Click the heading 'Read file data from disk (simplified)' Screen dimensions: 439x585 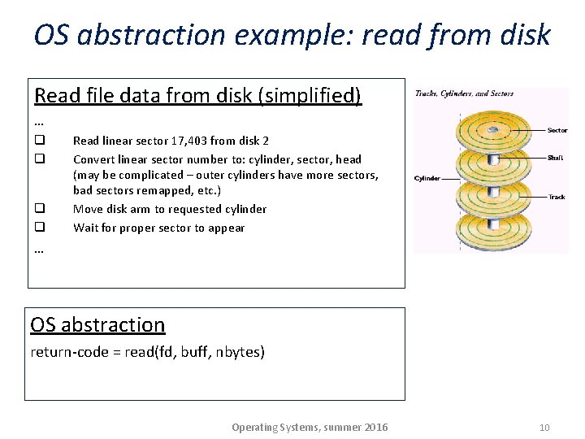pyautogui.click(x=197, y=96)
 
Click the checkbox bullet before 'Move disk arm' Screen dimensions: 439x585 pyautogui.click(x=39, y=209)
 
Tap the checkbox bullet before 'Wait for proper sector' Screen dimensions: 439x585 pyautogui.click(x=39, y=228)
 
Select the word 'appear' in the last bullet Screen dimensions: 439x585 pyautogui.click(x=227, y=228)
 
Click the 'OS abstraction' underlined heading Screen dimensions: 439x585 pyautogui.click(x=97, y=324)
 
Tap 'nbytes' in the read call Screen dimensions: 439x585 pyautogui.click(x=240, y=352)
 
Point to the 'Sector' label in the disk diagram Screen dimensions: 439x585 pyautogui.click(x=557, y=130)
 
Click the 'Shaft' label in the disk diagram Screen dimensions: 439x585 pyautogui.click(x=556, y=158)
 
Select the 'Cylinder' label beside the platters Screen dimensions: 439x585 pyautogui.click(x=427, y=178)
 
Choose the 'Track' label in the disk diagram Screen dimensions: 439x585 pyautogui.click(x=557, y=197)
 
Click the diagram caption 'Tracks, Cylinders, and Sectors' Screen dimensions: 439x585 pyautogui.click(x=464, y=94)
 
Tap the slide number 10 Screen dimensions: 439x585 pyautogui.click(x=544, y=428)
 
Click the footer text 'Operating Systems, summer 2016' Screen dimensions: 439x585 pyautogui.click(x=310, y=428)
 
